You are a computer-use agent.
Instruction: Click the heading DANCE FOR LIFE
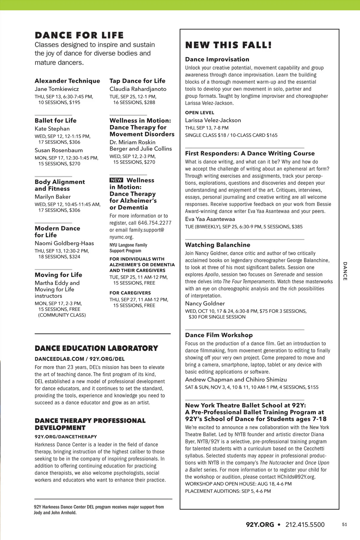coord(79,35)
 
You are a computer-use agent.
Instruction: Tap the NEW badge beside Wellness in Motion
coord(116,180)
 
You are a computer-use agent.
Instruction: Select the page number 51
coord(344,525)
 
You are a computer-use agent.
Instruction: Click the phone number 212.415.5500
coord(305,525)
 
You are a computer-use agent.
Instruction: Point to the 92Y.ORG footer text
coord(260,525)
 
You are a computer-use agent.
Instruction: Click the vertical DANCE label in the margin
coord(345,271)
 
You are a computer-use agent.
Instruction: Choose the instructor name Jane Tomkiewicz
coord(57,89)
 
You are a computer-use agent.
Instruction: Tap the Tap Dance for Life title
coord(137,81)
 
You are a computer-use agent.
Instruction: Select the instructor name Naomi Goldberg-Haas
coord(64,243)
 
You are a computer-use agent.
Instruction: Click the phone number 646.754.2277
coord(155,223)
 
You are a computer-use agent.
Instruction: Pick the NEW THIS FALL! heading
coord(229,45)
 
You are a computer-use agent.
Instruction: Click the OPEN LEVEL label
coord(199,113)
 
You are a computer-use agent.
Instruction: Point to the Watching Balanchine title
coord(217,245)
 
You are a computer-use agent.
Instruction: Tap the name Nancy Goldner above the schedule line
coord(205,304)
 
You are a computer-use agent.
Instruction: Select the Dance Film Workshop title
coord(219,335)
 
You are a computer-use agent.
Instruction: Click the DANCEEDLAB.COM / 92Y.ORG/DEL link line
coord(79,359)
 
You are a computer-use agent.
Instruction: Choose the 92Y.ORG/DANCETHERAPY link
coord(66,437)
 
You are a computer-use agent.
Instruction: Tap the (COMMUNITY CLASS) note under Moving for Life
coord(62,315)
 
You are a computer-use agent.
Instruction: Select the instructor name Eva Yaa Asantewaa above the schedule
coord(210,219)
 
